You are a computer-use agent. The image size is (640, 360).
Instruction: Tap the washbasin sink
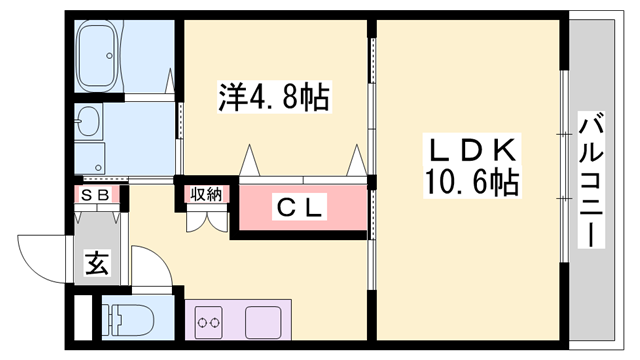pos(88,123)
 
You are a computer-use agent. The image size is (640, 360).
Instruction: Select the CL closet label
pos(300,208)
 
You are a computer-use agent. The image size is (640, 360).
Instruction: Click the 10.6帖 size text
pos(471,182)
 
